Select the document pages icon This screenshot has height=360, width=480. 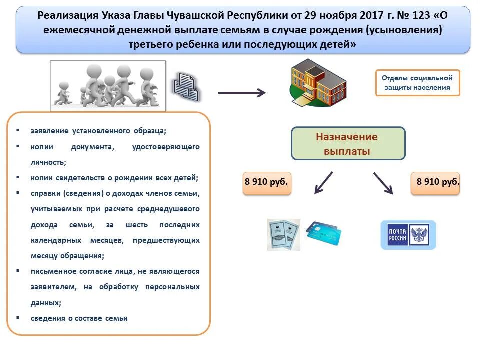[x=186, y=85]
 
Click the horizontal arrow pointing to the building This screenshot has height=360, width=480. [x=242, y=92]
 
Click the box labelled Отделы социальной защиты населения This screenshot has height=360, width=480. [x=417, y=83]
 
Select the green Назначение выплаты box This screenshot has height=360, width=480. [x=348, y=144]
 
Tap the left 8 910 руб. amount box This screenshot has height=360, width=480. [x=266, y=183]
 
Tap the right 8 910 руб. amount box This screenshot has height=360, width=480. [x=435, y=183]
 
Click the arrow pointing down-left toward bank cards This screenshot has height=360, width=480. [x=323, y=183]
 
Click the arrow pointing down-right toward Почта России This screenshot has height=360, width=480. [x=383, y=183]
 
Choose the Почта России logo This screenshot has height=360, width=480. [x=408, y=235]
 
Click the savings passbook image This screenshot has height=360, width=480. [x=283, y=234]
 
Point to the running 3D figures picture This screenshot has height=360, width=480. [x=108, y=85]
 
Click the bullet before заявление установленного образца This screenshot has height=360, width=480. [x=18, y=130]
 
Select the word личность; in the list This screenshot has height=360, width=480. [x=48, y=162]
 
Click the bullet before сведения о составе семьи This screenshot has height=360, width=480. [x=18, y=317]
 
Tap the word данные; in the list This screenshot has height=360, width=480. [x=46, y=302]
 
